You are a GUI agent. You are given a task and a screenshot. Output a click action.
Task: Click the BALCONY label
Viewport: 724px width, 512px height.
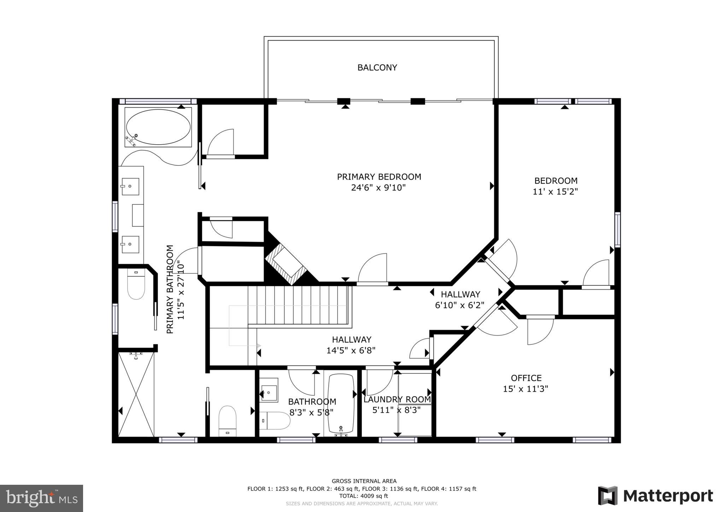click(377, 68)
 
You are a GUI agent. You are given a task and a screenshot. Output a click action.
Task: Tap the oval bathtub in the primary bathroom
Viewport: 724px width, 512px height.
click(158, 127)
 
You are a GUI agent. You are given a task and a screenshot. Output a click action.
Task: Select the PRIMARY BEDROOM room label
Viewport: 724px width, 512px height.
click(379, 177)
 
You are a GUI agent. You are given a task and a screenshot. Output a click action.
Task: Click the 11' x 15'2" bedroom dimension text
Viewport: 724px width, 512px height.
click(555, 192)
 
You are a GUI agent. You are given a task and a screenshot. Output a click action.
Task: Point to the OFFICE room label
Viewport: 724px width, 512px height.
click(526, 378)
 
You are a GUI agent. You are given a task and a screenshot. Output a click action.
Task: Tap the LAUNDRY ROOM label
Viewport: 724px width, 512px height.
click(397, 400)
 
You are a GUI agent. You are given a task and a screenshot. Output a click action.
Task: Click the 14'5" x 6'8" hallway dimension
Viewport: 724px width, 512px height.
click(351, 350)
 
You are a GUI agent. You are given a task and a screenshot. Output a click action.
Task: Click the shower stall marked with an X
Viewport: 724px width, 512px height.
click(136, 394)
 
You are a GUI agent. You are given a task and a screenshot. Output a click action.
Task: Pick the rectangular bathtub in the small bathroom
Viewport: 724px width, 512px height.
click(341, 403)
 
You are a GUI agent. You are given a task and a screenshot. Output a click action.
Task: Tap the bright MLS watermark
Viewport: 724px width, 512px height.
click(42, 498)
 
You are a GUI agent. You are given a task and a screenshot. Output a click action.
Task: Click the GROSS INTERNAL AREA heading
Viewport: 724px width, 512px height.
click(364, 481)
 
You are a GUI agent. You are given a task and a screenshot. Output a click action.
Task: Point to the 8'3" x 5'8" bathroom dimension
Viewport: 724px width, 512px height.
click(311, 412)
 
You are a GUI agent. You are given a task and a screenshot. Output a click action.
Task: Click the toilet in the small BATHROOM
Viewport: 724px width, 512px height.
click(275, 420)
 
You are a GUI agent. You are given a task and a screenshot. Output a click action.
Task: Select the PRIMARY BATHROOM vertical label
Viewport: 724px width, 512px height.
click(170, 289)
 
